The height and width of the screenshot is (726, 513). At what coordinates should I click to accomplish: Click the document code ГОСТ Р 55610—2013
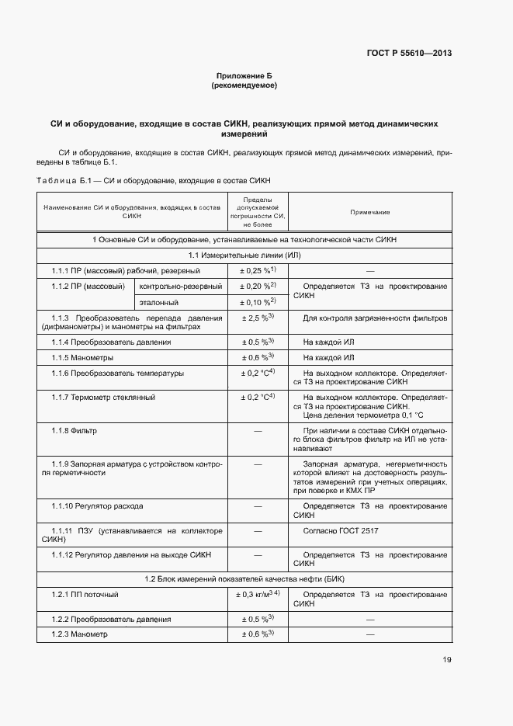409,54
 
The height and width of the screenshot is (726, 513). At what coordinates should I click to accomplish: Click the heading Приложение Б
244,76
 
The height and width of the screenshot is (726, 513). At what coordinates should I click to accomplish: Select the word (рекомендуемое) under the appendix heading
244,85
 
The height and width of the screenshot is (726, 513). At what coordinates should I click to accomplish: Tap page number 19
447,660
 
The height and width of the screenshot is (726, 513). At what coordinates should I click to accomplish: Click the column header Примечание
369,212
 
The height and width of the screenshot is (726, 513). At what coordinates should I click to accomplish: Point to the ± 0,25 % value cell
258,270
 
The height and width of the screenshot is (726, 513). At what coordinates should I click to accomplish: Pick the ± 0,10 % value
258,302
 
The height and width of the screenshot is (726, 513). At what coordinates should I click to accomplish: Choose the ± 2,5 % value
258,318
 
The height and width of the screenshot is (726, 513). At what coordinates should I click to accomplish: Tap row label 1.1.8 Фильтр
74,429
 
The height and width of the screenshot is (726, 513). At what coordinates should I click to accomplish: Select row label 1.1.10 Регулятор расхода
97,505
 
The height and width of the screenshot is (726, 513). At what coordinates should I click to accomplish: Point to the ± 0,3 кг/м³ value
258,595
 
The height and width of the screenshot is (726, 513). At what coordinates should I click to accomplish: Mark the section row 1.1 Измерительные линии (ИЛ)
244,255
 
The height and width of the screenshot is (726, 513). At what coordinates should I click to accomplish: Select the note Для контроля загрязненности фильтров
375,318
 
